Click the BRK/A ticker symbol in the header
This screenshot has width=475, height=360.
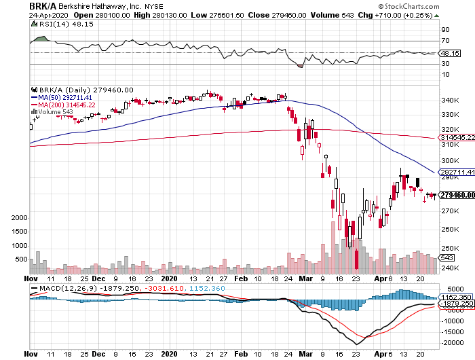point(43,5)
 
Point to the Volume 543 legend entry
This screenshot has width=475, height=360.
point(57,112)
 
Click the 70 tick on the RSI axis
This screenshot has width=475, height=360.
point(444,41)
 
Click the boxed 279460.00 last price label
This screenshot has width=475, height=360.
point(456,196)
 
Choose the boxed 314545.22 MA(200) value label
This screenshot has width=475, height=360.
point(456,137)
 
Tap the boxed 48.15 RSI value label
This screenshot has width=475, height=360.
point(449,53)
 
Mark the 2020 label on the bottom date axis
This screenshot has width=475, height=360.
point(169,278)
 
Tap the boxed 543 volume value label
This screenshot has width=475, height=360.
point(447,257)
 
